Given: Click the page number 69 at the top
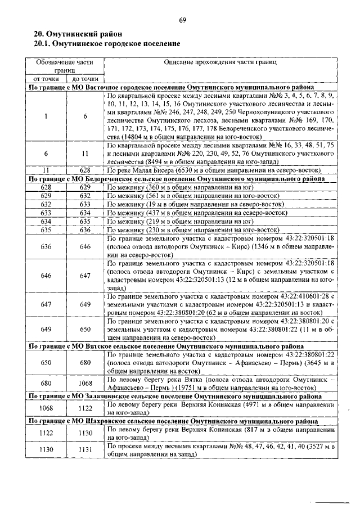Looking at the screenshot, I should [x=182, y=21].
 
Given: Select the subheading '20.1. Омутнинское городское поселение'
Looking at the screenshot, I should [x=107, y=43].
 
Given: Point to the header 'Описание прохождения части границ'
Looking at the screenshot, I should [x=220, y=62].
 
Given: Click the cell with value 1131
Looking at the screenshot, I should [x=85, y=450].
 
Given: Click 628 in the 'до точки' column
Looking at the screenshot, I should [x=85, y=170].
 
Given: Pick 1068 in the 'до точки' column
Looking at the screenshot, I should [x=85, y=384].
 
